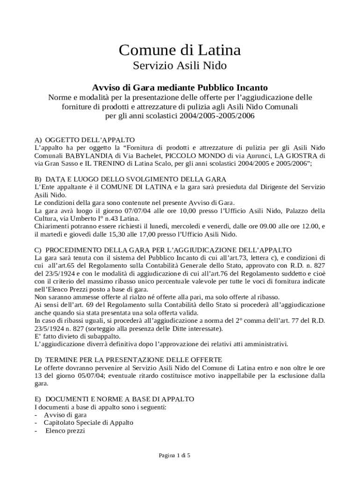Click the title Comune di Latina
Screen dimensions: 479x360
tap(180, 50)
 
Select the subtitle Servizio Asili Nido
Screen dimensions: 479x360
tap(180, 66)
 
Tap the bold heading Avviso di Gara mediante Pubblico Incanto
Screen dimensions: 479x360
tap(180, 87)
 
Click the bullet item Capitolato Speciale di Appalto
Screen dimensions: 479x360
tap(88, 422)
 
